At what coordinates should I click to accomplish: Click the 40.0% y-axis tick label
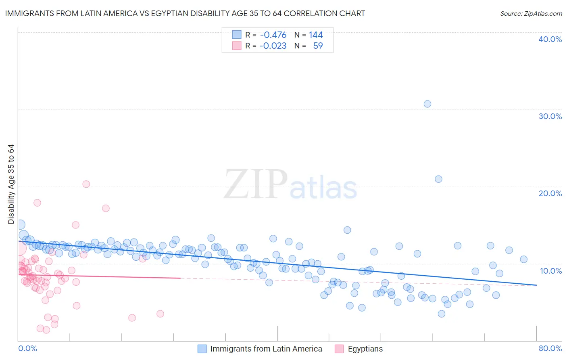tap(550, 39)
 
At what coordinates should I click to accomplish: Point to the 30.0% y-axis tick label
tap(550, 116)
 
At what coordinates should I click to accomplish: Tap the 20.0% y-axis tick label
tap(550, 193)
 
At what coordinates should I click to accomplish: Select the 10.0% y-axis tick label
tap(550, 271)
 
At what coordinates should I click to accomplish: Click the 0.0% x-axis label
tap(27, 348)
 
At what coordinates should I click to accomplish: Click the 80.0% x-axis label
tap(550, 348)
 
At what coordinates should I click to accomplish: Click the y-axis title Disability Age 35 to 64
tap(11, 184)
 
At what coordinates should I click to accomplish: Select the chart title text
tap(185, 13)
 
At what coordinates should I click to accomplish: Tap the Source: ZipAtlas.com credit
tap(531, 14)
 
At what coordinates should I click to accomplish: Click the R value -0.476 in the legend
tap(273, 35)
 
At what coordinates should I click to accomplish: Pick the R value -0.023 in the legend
tap(273, 46)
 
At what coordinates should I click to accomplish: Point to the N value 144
tap(316, 35)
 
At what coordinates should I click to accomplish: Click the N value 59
tap(318, 46)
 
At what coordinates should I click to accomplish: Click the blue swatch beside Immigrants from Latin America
tap(202, 349)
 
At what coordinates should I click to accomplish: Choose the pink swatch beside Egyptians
tap(339, 349)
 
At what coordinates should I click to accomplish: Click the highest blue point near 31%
tap(427, 104)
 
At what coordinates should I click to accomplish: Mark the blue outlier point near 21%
tap(438, 179)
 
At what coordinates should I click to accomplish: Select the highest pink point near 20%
tap(86, 184)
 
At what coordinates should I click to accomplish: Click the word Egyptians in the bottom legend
tap(365, 349)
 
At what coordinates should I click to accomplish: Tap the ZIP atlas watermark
tap(290, 185)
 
